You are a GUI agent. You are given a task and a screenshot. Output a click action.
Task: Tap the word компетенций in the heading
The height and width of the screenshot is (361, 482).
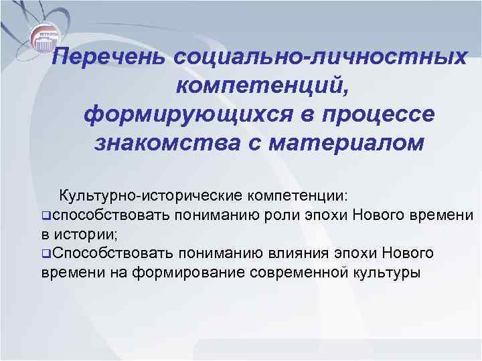pyautogui.click(x=261, y=86)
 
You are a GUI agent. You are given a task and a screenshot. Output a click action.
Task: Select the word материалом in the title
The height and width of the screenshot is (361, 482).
pyautogui.click(x=347, y=142)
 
